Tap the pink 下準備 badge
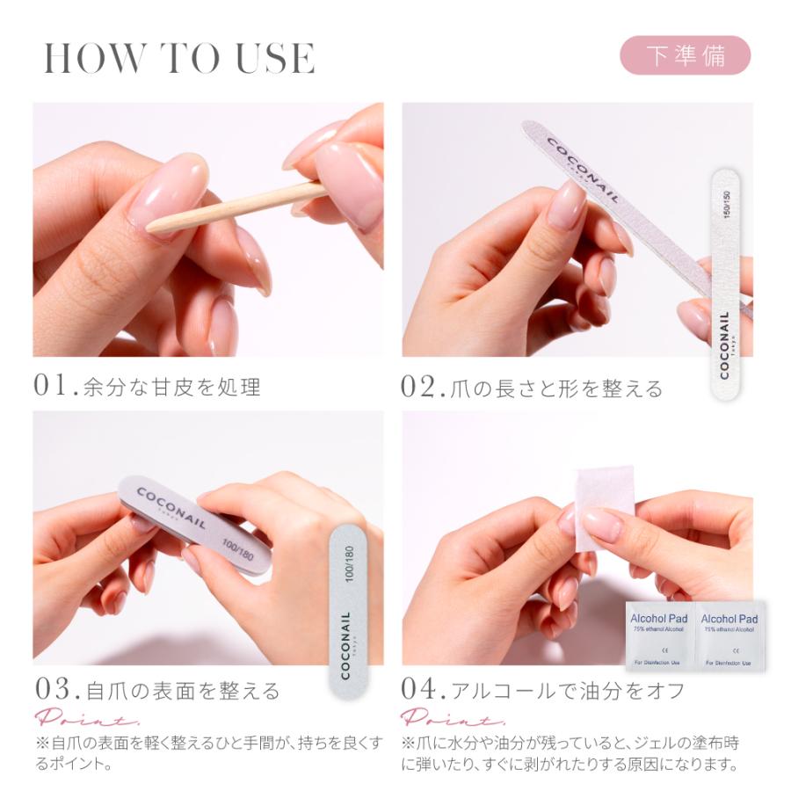[686, 55]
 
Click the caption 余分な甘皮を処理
[172, 388]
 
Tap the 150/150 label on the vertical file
[726, 203]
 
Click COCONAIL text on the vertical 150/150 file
[724, 345]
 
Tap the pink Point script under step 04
[442, 716]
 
